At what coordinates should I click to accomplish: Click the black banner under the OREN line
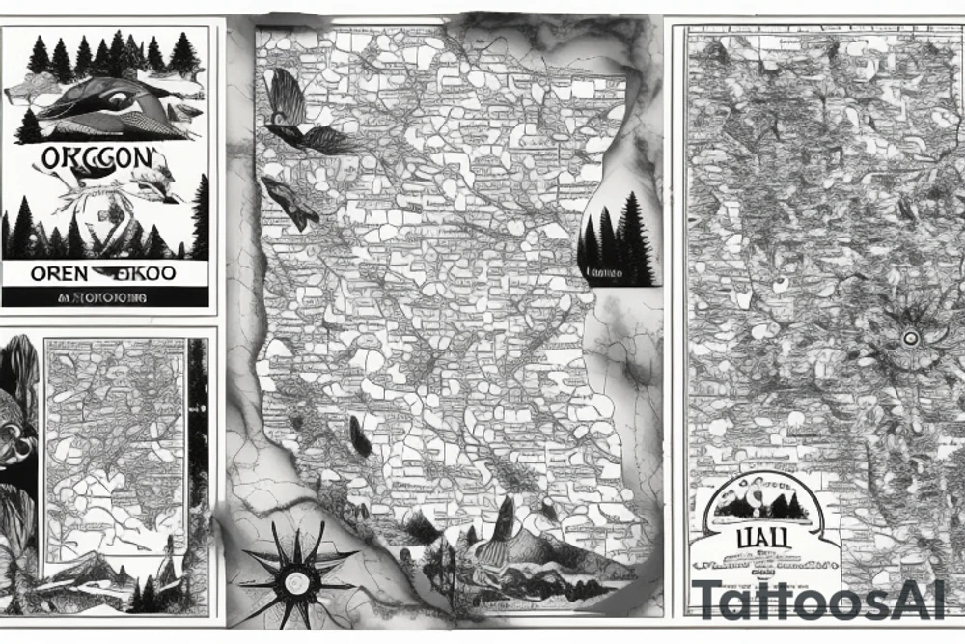click(105, 297)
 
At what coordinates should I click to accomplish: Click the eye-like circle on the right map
click(908, 339)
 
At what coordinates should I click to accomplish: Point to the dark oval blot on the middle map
click(360, 436)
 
